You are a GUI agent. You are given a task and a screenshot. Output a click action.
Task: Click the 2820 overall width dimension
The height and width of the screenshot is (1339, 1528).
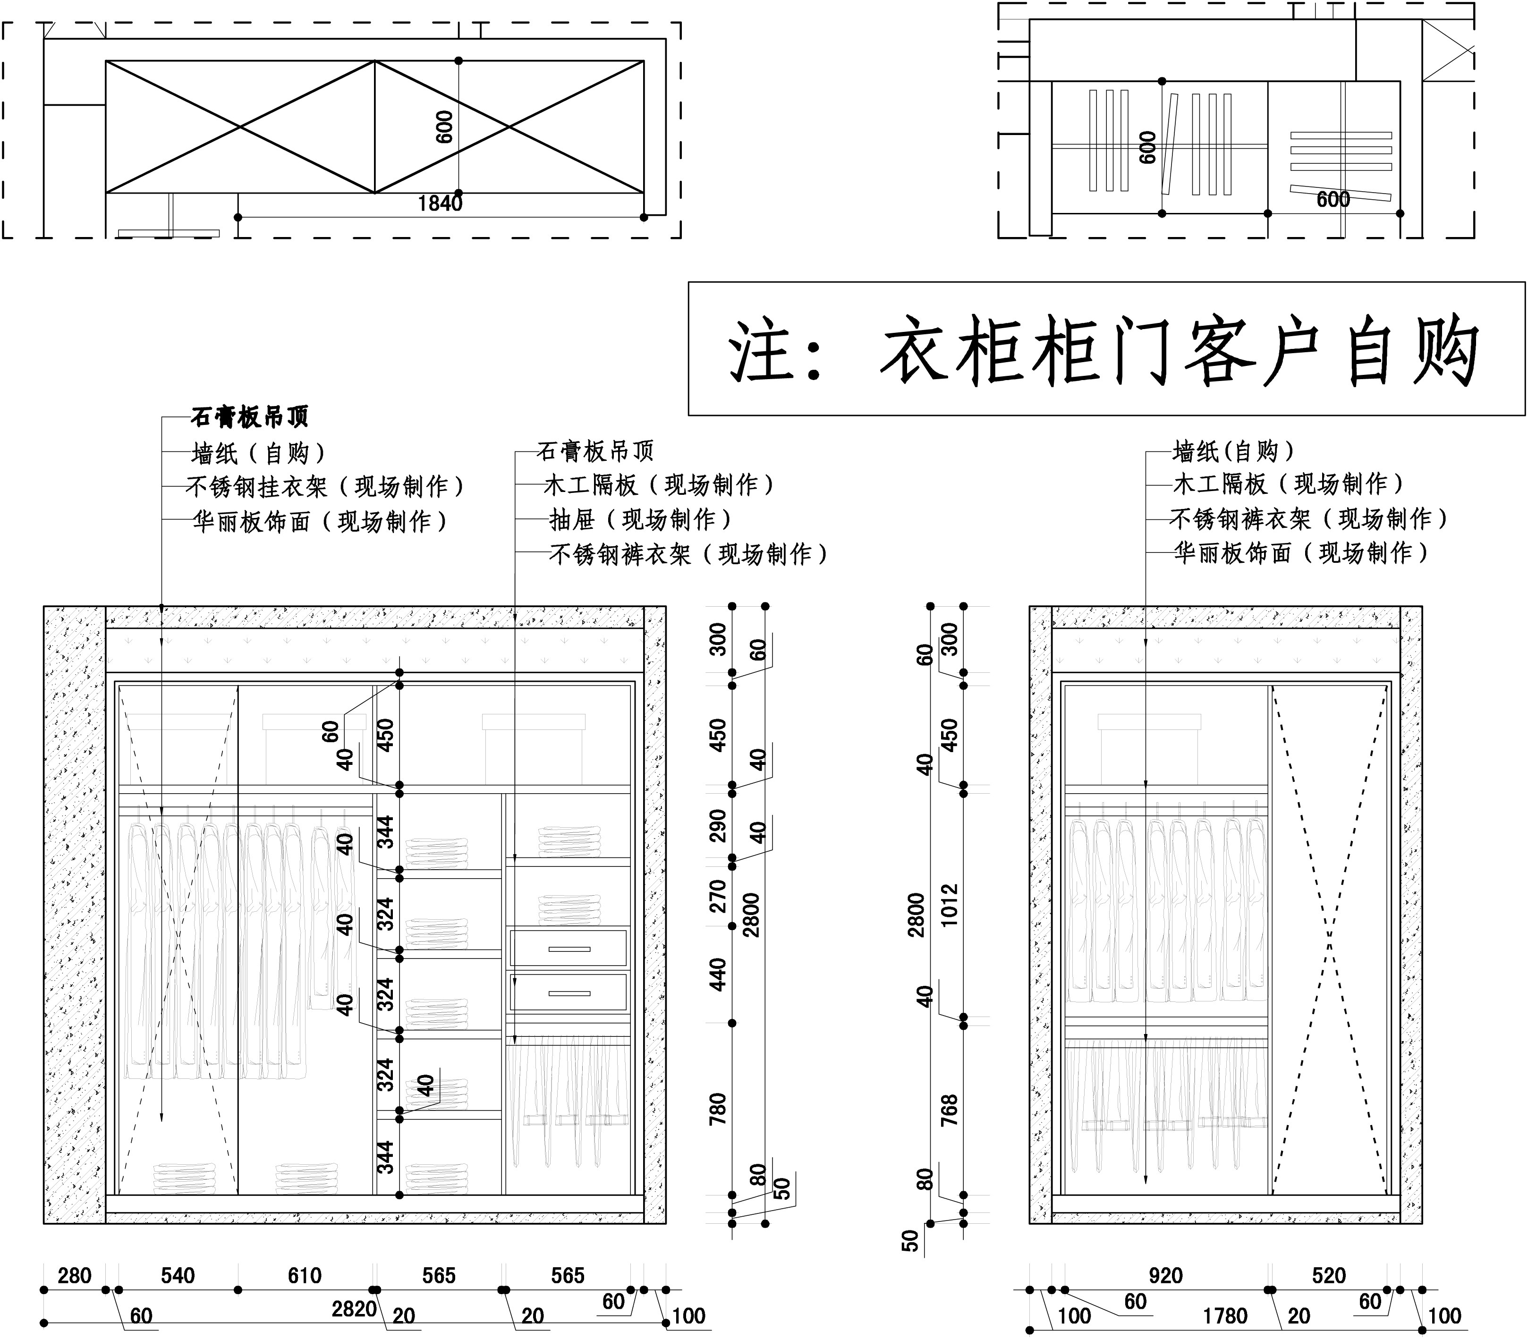point(354,1308)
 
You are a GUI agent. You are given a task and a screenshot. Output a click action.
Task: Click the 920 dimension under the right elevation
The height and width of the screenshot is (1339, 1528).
point(1166,1275)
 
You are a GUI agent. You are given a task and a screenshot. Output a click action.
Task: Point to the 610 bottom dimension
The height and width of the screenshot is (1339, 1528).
point(305,1275)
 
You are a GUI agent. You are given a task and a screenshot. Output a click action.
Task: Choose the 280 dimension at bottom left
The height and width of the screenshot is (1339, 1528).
point(75,1275)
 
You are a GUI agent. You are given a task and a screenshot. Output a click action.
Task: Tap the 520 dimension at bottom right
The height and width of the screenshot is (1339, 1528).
point(1329,1275)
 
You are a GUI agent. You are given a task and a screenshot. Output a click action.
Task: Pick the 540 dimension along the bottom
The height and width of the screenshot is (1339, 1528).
point(178,1275)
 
